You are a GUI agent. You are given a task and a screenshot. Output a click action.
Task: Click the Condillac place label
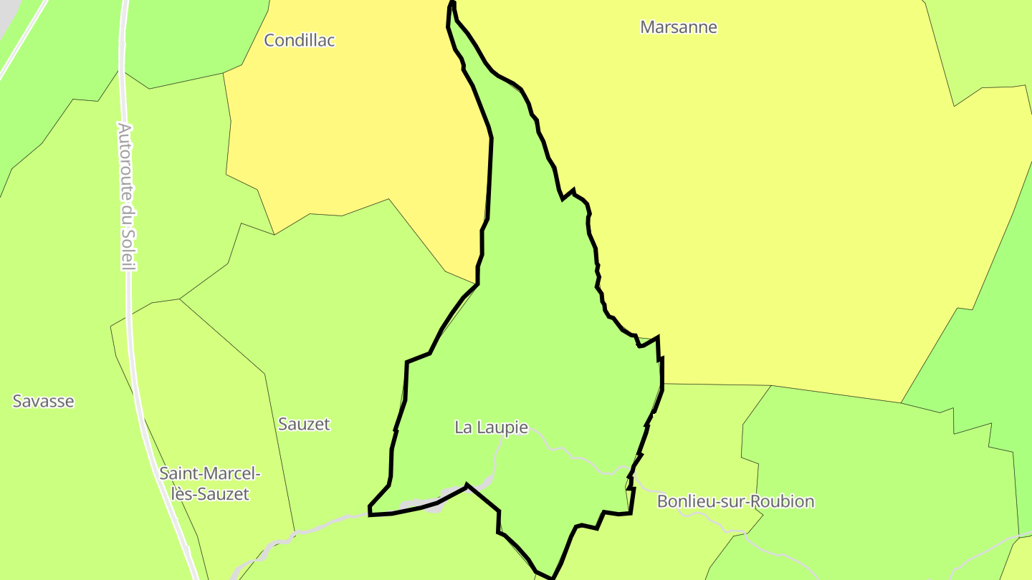click(x=300, y=40)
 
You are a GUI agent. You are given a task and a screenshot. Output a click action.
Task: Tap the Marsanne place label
click(x=678, y=27)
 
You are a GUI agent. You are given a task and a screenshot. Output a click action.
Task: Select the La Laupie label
click(x=491, y=427)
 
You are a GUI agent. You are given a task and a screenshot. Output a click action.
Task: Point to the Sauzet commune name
click(x=304, y=424)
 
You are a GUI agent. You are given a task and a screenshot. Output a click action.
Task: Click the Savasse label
click(x=43, y=401)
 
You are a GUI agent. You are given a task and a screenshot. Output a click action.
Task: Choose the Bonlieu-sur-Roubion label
click(x=735, y=501)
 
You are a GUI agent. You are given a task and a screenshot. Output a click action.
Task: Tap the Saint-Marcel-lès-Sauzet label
click(x=209, y=483)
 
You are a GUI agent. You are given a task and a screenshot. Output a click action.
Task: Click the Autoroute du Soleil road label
click(x=126, y=197)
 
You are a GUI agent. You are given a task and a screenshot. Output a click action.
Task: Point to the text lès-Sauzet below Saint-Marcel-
click(x=209, y=494)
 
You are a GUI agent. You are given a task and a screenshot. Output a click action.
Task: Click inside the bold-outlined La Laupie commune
click(x=530, y=322)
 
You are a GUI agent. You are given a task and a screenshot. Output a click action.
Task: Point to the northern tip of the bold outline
click(x=452, y=3)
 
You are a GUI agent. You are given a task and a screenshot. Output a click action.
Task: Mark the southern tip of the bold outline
click(x=552, y=577)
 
